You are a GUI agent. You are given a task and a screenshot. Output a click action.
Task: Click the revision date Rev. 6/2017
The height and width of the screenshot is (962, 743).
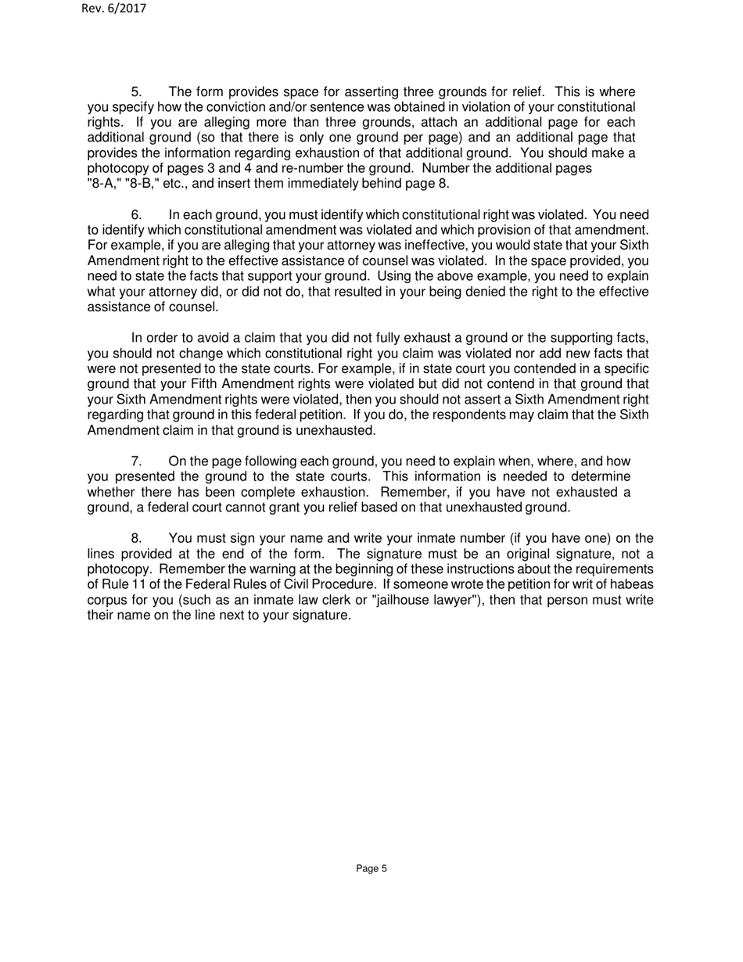click(113, 9)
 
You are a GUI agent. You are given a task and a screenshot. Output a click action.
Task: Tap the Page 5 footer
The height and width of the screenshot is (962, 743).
click(371, 868)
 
